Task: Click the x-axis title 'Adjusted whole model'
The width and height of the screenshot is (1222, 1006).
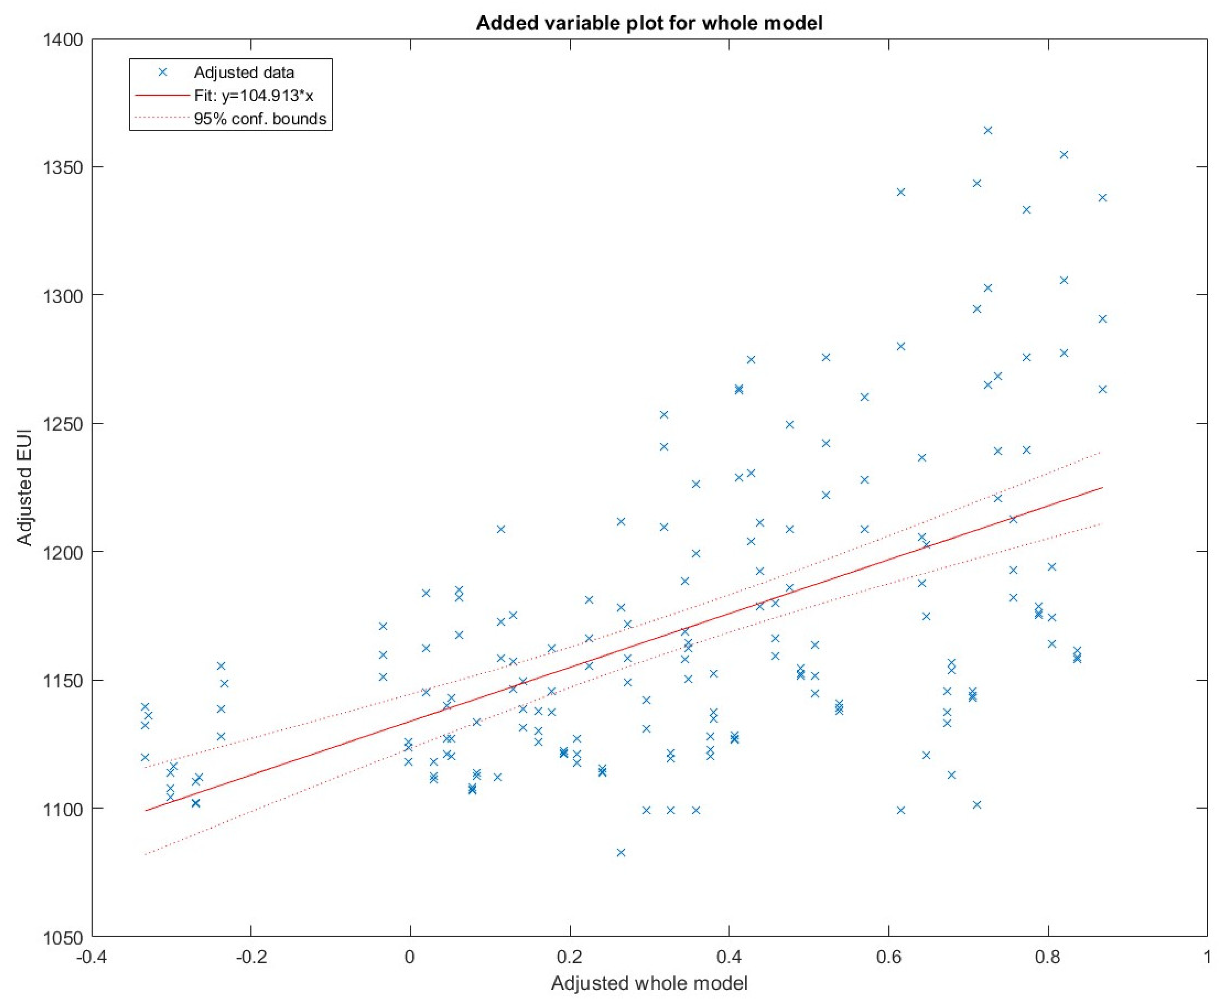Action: (649, 983)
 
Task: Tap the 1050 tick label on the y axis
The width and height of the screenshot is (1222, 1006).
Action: (63, 936)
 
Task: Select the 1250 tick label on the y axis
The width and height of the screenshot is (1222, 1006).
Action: (63, 424)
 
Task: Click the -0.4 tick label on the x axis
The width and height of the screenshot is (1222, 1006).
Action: (91, 957)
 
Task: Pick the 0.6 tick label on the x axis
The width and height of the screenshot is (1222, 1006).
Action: (888, 957)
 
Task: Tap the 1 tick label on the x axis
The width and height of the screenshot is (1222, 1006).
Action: (1207, 957)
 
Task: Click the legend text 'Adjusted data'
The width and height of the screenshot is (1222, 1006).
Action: (244, 72)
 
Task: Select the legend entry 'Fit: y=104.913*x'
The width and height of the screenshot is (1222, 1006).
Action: (253, 96)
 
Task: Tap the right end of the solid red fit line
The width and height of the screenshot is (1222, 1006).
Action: (1102, 487)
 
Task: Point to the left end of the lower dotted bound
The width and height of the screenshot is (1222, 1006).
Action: (145, 854)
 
